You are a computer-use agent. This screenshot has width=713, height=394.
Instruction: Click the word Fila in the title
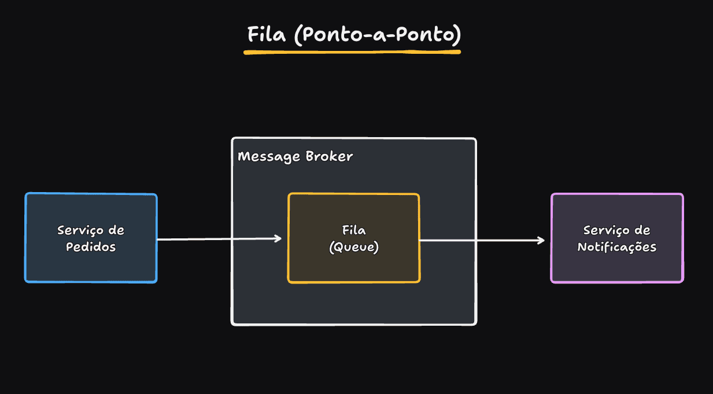267,35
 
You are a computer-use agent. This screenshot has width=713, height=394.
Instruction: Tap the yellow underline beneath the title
352,52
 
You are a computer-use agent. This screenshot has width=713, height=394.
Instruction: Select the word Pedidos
91,247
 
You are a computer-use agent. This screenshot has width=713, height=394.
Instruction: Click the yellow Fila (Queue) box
353,266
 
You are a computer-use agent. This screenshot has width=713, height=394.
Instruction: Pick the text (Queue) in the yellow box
353,247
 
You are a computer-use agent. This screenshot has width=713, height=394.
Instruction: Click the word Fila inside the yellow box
353,230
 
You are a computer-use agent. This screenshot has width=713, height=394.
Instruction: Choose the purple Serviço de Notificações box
617,266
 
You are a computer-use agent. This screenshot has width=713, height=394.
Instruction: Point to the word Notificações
617,247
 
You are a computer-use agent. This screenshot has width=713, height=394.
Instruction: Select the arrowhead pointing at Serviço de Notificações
542,240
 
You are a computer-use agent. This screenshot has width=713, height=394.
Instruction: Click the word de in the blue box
116,230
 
